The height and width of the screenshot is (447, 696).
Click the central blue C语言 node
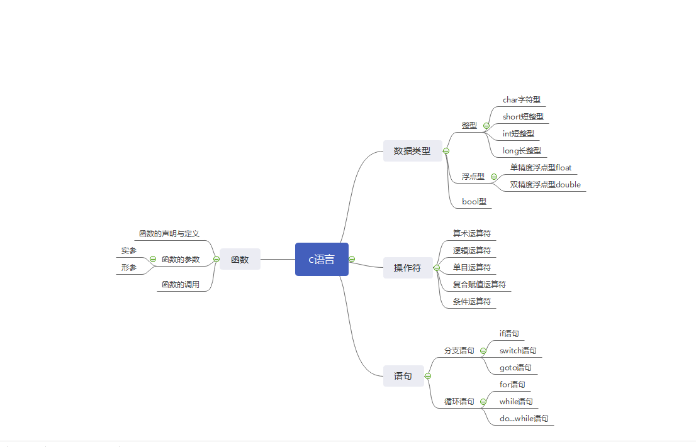click(322, 259)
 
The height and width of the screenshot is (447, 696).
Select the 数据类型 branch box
click(412, 151)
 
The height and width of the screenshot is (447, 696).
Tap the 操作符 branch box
click(408, 268)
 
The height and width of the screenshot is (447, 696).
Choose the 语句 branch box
click(403, 376)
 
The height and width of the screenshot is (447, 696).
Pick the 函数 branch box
click(240, 259)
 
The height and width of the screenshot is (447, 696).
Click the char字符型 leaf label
click(522, 99)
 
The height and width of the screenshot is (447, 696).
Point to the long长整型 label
click(522, 150)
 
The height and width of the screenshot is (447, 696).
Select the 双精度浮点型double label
click(546, 184)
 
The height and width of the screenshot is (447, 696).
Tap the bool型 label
click(474, 201)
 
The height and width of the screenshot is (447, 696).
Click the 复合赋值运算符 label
click(480, 284)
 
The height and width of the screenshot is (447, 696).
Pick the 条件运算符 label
click(472, 301)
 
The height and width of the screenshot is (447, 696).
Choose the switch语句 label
click(518, 350)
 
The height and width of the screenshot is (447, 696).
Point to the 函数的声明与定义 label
click(169, 233)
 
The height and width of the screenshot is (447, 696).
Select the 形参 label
click(129, 267)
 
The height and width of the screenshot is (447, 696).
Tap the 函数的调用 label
click(181, 284)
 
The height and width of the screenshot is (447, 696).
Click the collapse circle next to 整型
click(486, 125)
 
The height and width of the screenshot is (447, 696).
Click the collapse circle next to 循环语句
click(483, 401)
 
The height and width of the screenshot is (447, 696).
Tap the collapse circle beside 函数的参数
click(152, 259)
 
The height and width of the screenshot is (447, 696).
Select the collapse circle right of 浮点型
click(493, 176)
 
